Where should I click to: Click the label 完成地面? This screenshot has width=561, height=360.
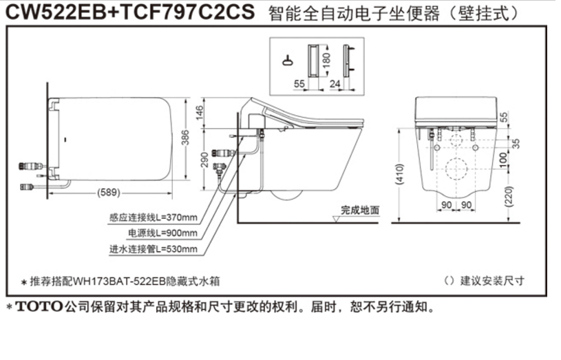tap(360, 211)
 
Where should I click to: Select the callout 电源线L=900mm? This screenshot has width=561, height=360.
tap(162, 233)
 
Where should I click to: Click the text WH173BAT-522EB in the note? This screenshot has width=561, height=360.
tap(109, 281)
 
